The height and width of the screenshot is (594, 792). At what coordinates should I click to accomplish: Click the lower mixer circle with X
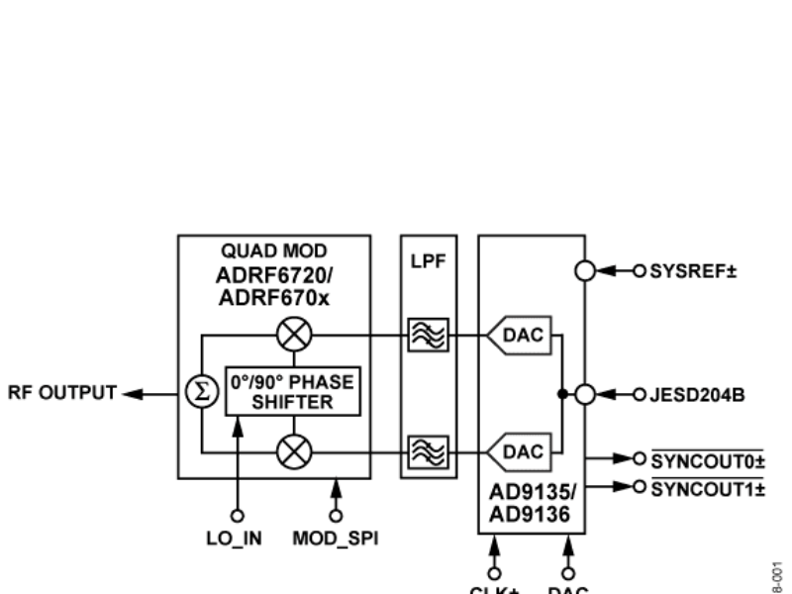point(294,451)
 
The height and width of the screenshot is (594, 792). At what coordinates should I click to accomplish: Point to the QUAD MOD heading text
point(273,252)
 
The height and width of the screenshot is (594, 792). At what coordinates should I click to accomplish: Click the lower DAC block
point(521,451)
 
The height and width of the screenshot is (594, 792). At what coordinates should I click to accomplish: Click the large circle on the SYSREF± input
point(585,270)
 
